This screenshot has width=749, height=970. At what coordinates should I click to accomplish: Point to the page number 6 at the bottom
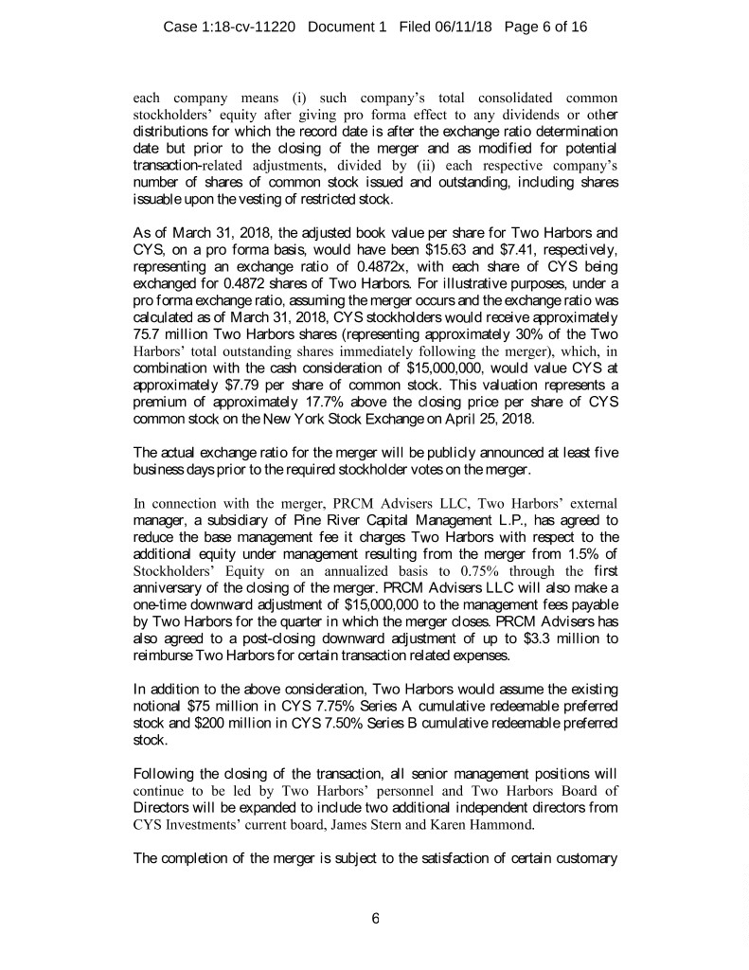375,917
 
